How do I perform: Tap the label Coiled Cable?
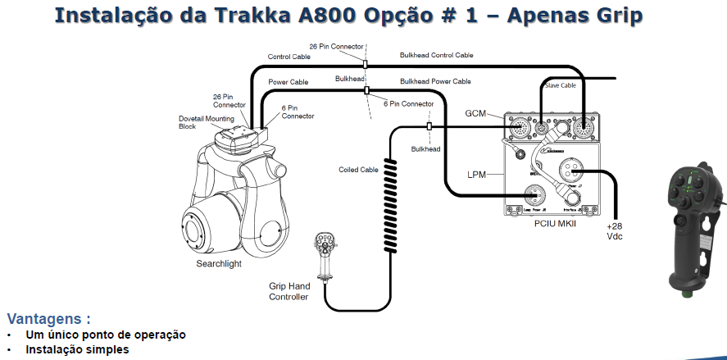coord(359,170)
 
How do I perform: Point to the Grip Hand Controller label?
coord(289,291)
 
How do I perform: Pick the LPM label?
coord(478,175)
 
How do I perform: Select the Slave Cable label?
coord(560,84)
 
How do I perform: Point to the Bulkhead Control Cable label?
coord(436,55)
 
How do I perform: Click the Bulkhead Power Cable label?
coord(435,81)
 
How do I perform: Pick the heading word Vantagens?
coord(48,319)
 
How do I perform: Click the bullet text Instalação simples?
coord(77,349)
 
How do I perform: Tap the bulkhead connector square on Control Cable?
coord(366,63)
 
